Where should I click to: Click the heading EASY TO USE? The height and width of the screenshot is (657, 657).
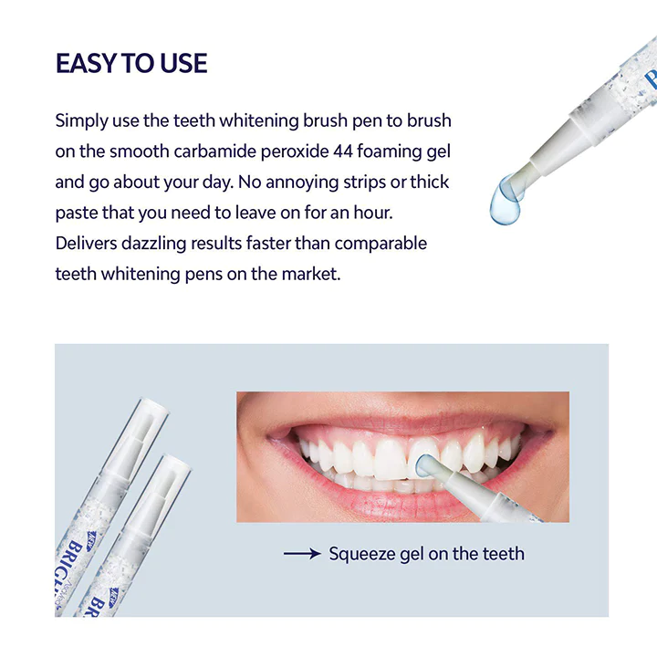[131, 63]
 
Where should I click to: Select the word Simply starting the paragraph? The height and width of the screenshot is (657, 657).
[81, 120]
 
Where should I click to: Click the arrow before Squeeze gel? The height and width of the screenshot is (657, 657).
[301, 553]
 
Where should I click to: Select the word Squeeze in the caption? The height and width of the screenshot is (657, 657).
[361, 554]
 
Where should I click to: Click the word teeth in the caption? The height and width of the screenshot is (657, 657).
[502, 553]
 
